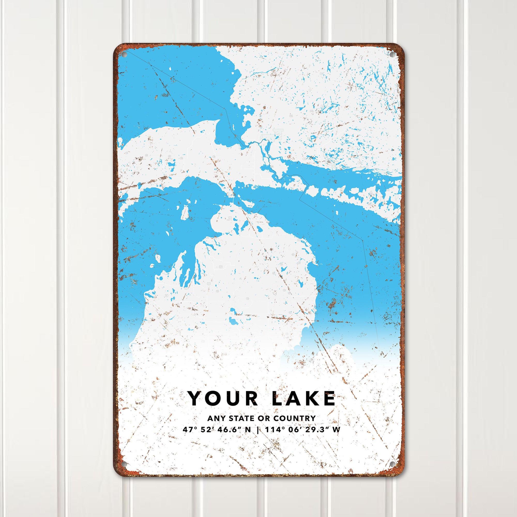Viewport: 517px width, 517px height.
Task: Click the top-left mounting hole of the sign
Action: (x=124, y=54)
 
